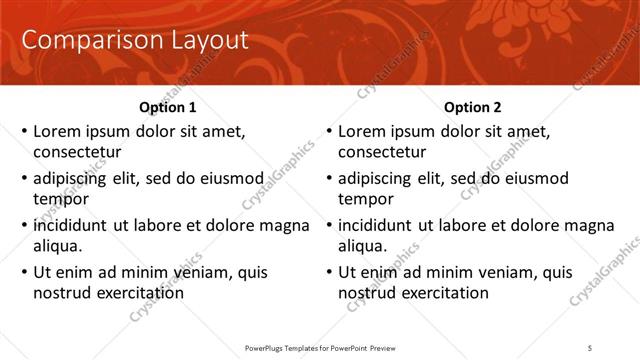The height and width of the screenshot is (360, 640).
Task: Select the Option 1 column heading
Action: click(166, 107)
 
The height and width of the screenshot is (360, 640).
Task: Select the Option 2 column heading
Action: click(473, 107)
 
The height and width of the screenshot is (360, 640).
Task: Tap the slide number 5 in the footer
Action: click(590, 348)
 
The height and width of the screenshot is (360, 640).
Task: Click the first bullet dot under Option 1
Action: click(24, 131)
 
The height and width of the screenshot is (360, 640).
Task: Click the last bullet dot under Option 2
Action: click(329, 272)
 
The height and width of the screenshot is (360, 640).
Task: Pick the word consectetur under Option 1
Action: click(77, 152)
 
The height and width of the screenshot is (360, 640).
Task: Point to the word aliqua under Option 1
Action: click(57, 245)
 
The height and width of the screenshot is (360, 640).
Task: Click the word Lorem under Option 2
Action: click(360, 131)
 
